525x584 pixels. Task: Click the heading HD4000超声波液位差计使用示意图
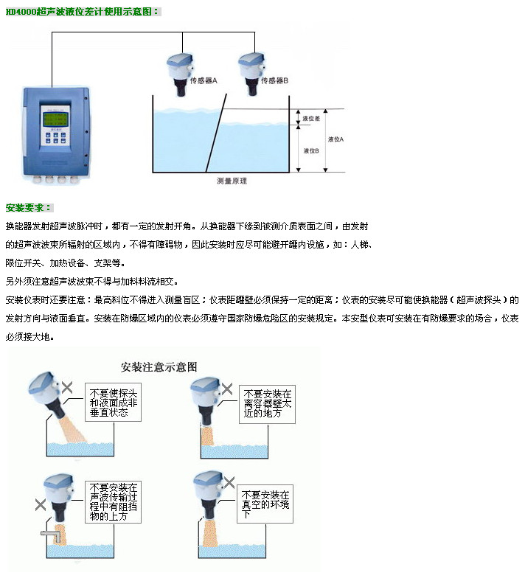click(x=83, y=12)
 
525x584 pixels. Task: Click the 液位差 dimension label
click(x=310, y=118)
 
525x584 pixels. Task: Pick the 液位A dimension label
click(x=335, y=138)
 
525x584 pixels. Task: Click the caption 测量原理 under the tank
click(x=232, y=180)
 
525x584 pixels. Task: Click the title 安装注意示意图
click(x=159, y=366)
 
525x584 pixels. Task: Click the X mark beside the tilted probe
click(x=68, y=386)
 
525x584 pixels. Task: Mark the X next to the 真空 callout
click(x=229, y=482)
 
